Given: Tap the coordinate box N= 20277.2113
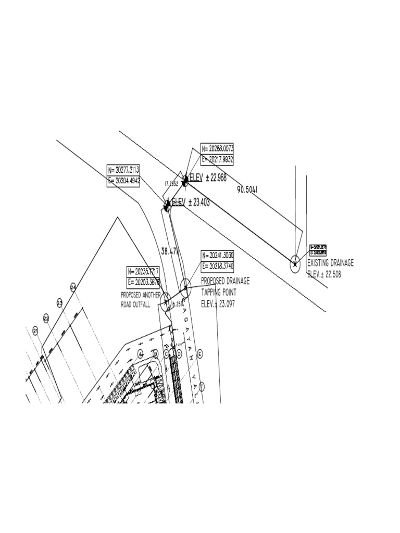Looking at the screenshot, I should [x=123, y=170].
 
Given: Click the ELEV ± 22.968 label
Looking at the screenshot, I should [x=208, y=178].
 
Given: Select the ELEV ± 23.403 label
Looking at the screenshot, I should [x=191, y=202].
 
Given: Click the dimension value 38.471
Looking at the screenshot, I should [x=171, y=250].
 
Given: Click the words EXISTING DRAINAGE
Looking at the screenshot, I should [x=330, y=263].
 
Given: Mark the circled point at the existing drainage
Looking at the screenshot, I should [x=295, y=264].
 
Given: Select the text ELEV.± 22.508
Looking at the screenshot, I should [x=324, y=274].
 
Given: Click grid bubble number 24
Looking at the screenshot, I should [x=73, y=287].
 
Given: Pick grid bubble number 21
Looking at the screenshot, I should [x=35, y=330].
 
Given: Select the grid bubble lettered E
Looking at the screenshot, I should [x=201, y=353].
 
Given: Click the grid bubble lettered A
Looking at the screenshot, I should [x=140, y=353].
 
